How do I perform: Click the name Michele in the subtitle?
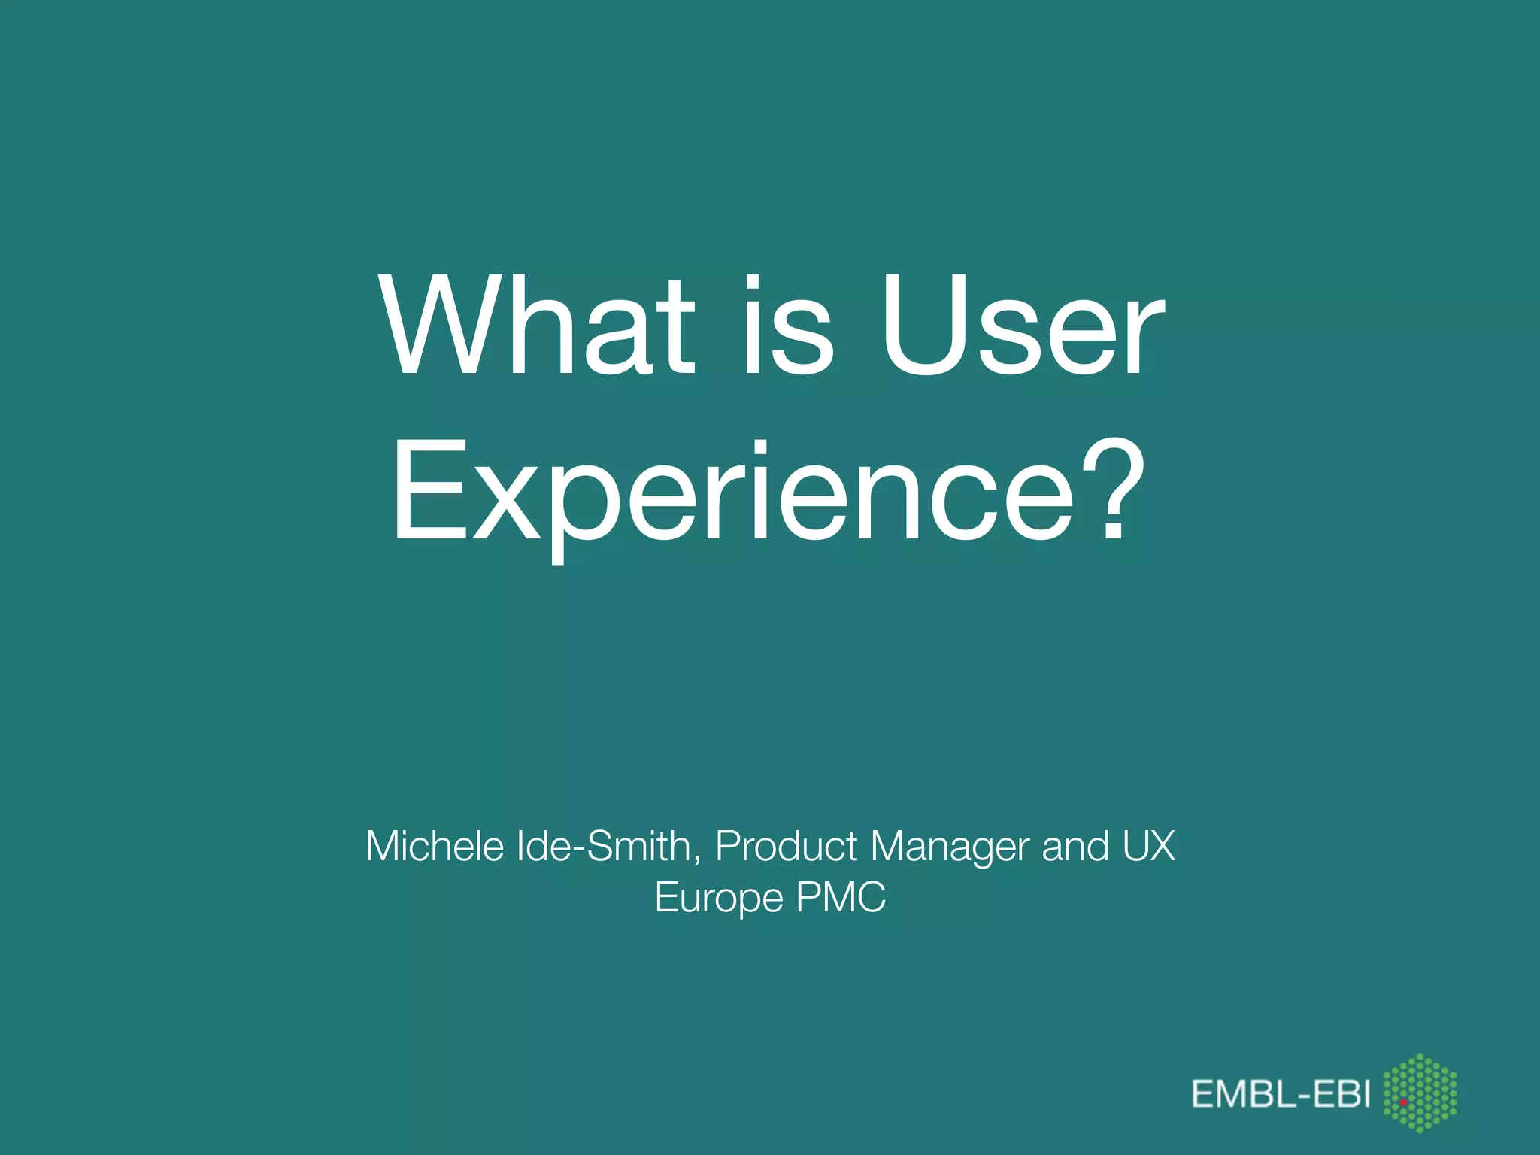tap(435, 846)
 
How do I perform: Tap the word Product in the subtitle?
tap(785, 846)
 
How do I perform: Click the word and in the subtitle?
tap(1075, 846)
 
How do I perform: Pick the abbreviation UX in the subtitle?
tap(1149, 846)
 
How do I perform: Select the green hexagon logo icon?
tap(1420, 1093)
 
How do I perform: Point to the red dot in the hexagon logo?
tap(1403, 1102)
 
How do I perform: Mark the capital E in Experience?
tap(423, 493)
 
